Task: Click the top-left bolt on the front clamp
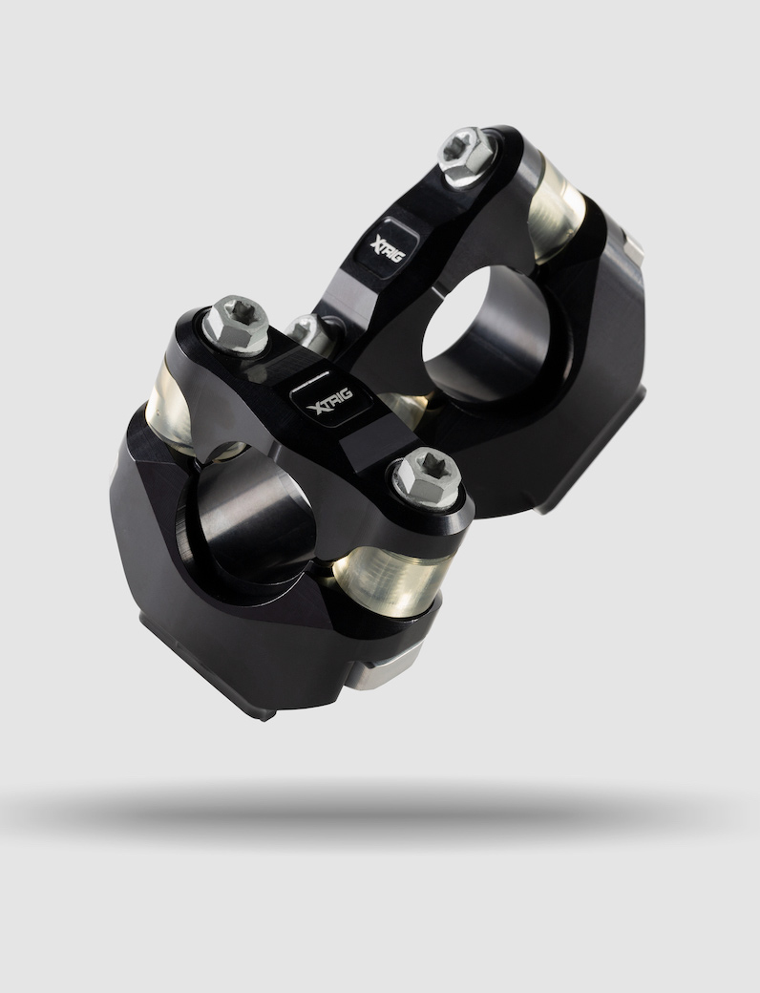[236, 325]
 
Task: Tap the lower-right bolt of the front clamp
[427, 477]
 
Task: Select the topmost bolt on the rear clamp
[467, 157]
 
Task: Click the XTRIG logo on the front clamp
[329, 400]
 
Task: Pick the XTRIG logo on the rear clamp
[389, 246]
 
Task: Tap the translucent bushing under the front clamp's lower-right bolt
[392, 581]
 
